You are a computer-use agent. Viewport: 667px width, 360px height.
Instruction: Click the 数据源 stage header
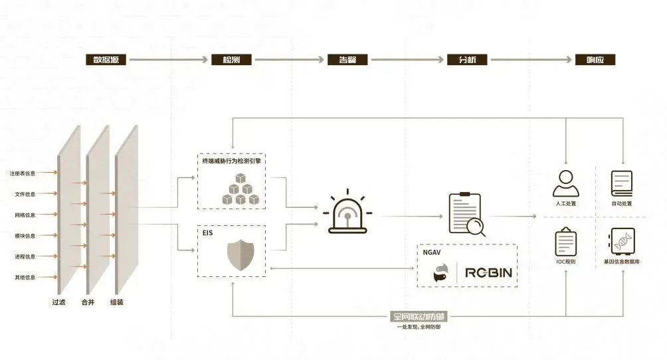click(x=106, y=60)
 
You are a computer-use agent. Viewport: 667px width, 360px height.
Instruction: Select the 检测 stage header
click(x=231, y=60)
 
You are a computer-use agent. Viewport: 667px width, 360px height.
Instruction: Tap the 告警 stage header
click(x=347, y=60)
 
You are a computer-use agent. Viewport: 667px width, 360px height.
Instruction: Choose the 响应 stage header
click(x=595, y=60)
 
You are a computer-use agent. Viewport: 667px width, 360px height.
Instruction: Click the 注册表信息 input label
click(x=23, y=174)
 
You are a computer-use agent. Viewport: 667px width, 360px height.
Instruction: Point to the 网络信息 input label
click(x=25, y=215)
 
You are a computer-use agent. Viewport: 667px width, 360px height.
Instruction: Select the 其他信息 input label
click(x=25, y=277)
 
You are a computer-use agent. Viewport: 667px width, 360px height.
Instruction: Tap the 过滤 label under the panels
click(x=59, y=302)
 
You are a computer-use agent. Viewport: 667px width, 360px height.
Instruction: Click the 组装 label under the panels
click(x=117, y=302)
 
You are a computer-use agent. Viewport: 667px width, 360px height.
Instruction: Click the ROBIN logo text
click(x=489, y=272)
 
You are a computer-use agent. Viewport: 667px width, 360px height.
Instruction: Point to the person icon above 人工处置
click(x=565, y=183)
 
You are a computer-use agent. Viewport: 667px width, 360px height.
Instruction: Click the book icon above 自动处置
click(x=622, y=183)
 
